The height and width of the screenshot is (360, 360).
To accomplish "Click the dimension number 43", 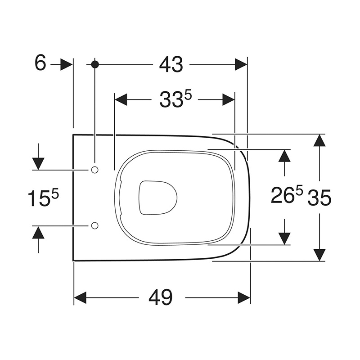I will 171,65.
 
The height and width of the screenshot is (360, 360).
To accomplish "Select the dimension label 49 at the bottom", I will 161,297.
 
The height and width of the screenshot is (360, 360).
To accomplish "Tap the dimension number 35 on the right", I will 319,198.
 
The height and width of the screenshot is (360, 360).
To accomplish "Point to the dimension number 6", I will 40,64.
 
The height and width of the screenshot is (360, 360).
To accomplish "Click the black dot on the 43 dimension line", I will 94,64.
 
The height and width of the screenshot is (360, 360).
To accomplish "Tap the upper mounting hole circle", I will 94,170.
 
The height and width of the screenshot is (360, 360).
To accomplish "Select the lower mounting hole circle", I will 94,225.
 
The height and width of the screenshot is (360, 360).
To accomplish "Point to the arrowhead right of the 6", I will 66,64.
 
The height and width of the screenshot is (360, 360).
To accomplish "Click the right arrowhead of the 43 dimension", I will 241,64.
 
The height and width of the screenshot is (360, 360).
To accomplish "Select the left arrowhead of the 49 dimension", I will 80,297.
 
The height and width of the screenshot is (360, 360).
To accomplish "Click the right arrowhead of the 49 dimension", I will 244,297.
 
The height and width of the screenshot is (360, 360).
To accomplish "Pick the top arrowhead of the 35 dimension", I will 319,140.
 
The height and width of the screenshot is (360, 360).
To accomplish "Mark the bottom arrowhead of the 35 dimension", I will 319,255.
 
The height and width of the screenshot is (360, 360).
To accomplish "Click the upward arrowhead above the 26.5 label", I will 284,155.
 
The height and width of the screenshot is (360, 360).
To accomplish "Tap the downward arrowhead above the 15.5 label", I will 38,164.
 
